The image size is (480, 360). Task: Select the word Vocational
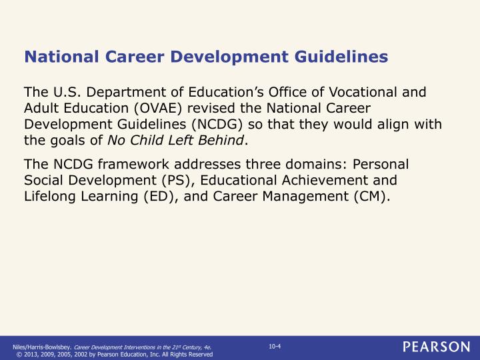tap(363, 92)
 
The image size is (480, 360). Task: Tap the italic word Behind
tap(221, 139)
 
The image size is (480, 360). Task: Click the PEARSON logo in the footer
tap(435, 347)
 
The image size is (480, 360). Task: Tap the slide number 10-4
tap(274, 345)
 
